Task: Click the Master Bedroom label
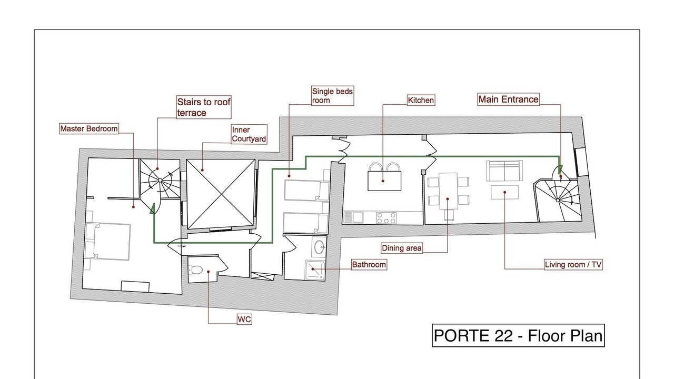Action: pyautogui.click(x=89, y=129)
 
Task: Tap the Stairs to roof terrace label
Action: pyautogui.click(x=204, y=107)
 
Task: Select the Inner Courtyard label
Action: pyautogui.click(x=249, y=134)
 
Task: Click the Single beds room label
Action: pyautogui.click(x=332, y=96)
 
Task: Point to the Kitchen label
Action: pyautogui.click(x=421, y=100)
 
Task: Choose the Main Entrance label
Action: pyautogui.click(x=508, y=99)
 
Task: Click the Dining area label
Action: pyautogui.click(x=401, y=248)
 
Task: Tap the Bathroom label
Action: pyautogui.click(x=369, y=265)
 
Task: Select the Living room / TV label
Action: pyautogui.click(x=573, y=265)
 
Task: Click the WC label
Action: pyautogui.click(x=244, y=320)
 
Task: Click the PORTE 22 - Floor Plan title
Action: pyautogui.click(x=518, y=335)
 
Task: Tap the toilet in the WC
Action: pyautogui.click(x=195, y=270)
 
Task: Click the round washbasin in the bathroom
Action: pyautogui.click(x=319, y=247)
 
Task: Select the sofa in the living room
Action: pyautogui.click(x=504, y=171)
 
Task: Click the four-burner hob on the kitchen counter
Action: pyautogui.click(x=386, y=218)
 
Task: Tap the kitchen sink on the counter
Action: pyautogui.click(x=353, y=217)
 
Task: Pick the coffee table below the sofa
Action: pyautogui.click(x=504, y=192)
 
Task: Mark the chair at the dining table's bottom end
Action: pyautogui.click(x=449, y=215)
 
